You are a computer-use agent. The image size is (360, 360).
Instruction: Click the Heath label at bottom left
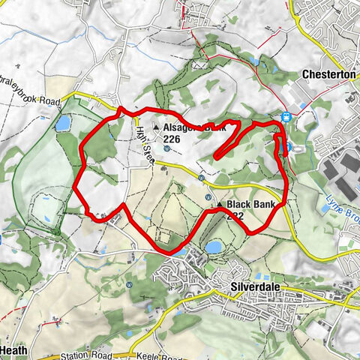(13, 350)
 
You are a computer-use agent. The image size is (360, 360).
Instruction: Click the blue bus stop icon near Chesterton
(286, 116)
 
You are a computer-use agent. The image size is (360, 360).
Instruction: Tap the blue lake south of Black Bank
(213, 247)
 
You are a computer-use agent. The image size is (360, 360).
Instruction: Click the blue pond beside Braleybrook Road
(62, 122)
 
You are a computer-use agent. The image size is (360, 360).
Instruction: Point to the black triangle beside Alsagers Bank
(156, 128)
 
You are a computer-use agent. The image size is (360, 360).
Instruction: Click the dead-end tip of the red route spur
(215, 157)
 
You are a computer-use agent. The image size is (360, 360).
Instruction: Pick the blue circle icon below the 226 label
(166, 148)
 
